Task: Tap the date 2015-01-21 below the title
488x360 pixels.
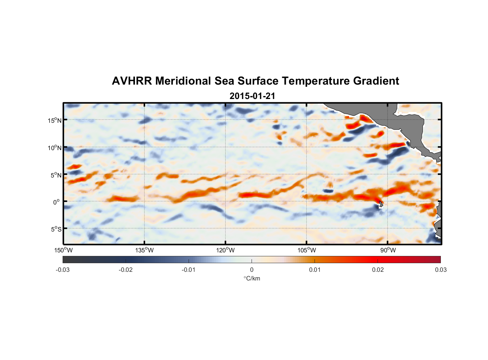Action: tap(252, 96)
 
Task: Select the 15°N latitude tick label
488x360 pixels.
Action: tap(55, 120)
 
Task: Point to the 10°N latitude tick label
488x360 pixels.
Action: tap(55, 148)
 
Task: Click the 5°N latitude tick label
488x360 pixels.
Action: tap(56, 175)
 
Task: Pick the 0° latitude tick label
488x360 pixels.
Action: tap(57, 202)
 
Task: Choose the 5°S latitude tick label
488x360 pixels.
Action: tap(56, 229)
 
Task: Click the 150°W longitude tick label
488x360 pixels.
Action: tap(64, 250)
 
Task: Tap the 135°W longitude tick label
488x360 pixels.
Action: tap(145, 250)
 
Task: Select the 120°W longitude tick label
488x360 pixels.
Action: tap(226, 250)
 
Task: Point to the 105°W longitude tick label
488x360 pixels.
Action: tap(307, 250)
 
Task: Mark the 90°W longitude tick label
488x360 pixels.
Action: tap(388, 250)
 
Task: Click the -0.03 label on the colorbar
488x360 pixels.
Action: tap(63, 270)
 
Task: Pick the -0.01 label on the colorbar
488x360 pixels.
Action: tap(189, 270)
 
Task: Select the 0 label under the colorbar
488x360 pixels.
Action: tap(252, 270)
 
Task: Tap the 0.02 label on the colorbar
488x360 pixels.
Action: tap(378, 270)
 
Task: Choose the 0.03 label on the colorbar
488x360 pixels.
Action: tap(440, 270)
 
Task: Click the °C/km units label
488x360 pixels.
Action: tap(252, 278)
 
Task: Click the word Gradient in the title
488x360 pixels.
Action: tap(376, 81)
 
